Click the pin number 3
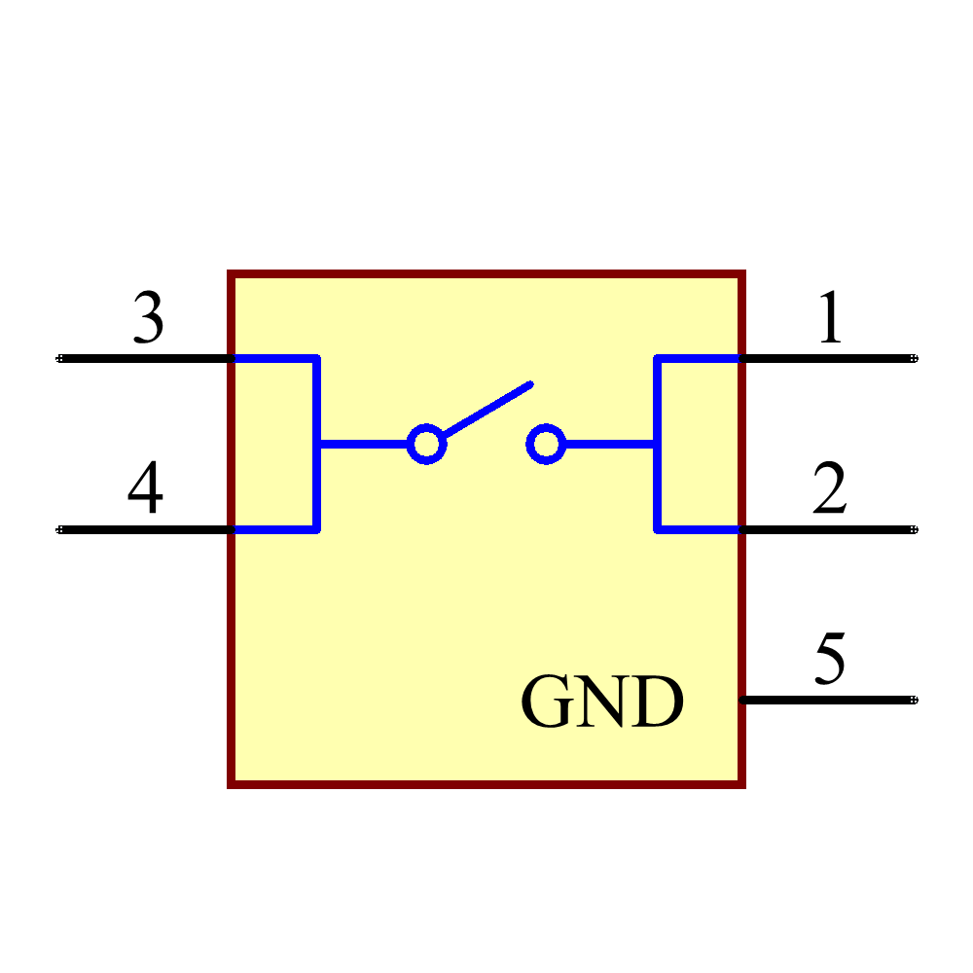click(x=148, y=318)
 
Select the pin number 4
click(x=146, y=488)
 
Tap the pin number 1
click(x=830, y=317)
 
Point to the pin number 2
click(x=830, y=488)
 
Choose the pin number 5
click(x=829, y=659)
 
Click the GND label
click(x=602, y=703)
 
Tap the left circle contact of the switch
click(x=426, y=444)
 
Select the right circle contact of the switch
click(x=546, y=444)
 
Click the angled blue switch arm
click(x=486, y=409)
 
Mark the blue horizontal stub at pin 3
click(x=274, y=359)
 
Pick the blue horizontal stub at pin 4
click(x=274, y=529)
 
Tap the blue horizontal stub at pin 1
click(x=699, y=359)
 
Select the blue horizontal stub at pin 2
click(x=699, y=529)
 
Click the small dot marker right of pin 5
click(x=914, y=700)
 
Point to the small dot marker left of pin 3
click(x=59, y=358)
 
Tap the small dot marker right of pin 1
click(x=914, y=358)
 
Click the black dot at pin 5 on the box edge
click(x=742, y=700)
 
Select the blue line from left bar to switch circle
click(x=362, y=444)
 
